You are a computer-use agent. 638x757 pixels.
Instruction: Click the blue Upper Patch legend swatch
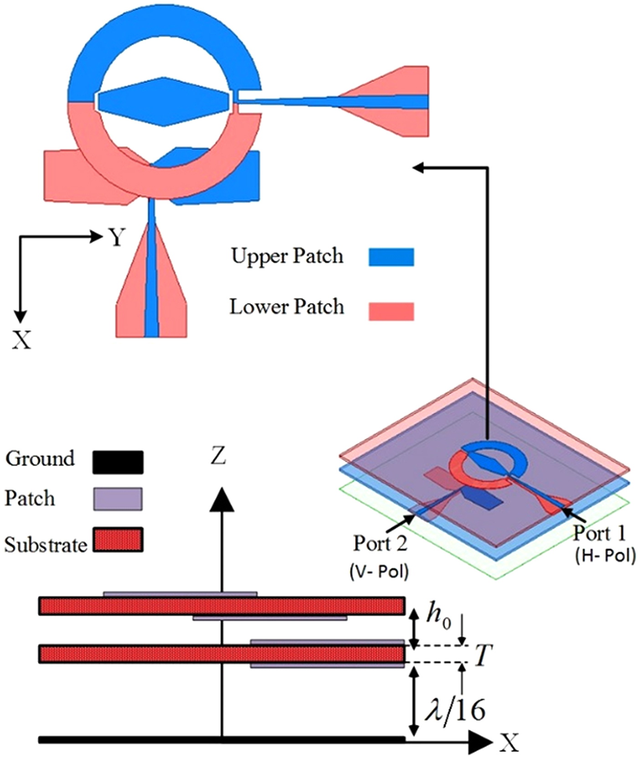pos(391,257)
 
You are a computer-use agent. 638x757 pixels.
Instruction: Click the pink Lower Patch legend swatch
pos(391,311)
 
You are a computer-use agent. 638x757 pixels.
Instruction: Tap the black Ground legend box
pos(118,462)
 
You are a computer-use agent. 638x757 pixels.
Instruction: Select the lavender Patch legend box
pos(118,499)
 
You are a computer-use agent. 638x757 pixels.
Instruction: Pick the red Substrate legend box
pos(118,540)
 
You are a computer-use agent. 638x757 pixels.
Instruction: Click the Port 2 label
pos(380,543)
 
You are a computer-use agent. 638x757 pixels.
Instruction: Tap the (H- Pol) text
pos(605,555)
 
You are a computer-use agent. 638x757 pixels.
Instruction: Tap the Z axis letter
pos(218,456)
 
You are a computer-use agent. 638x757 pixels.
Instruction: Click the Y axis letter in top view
pos(117,237)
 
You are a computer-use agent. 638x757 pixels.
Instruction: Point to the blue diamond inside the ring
pos(163,101)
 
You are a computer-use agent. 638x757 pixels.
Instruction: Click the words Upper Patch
pos(287,256)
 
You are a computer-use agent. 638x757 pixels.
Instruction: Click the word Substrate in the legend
pos(46,545)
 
